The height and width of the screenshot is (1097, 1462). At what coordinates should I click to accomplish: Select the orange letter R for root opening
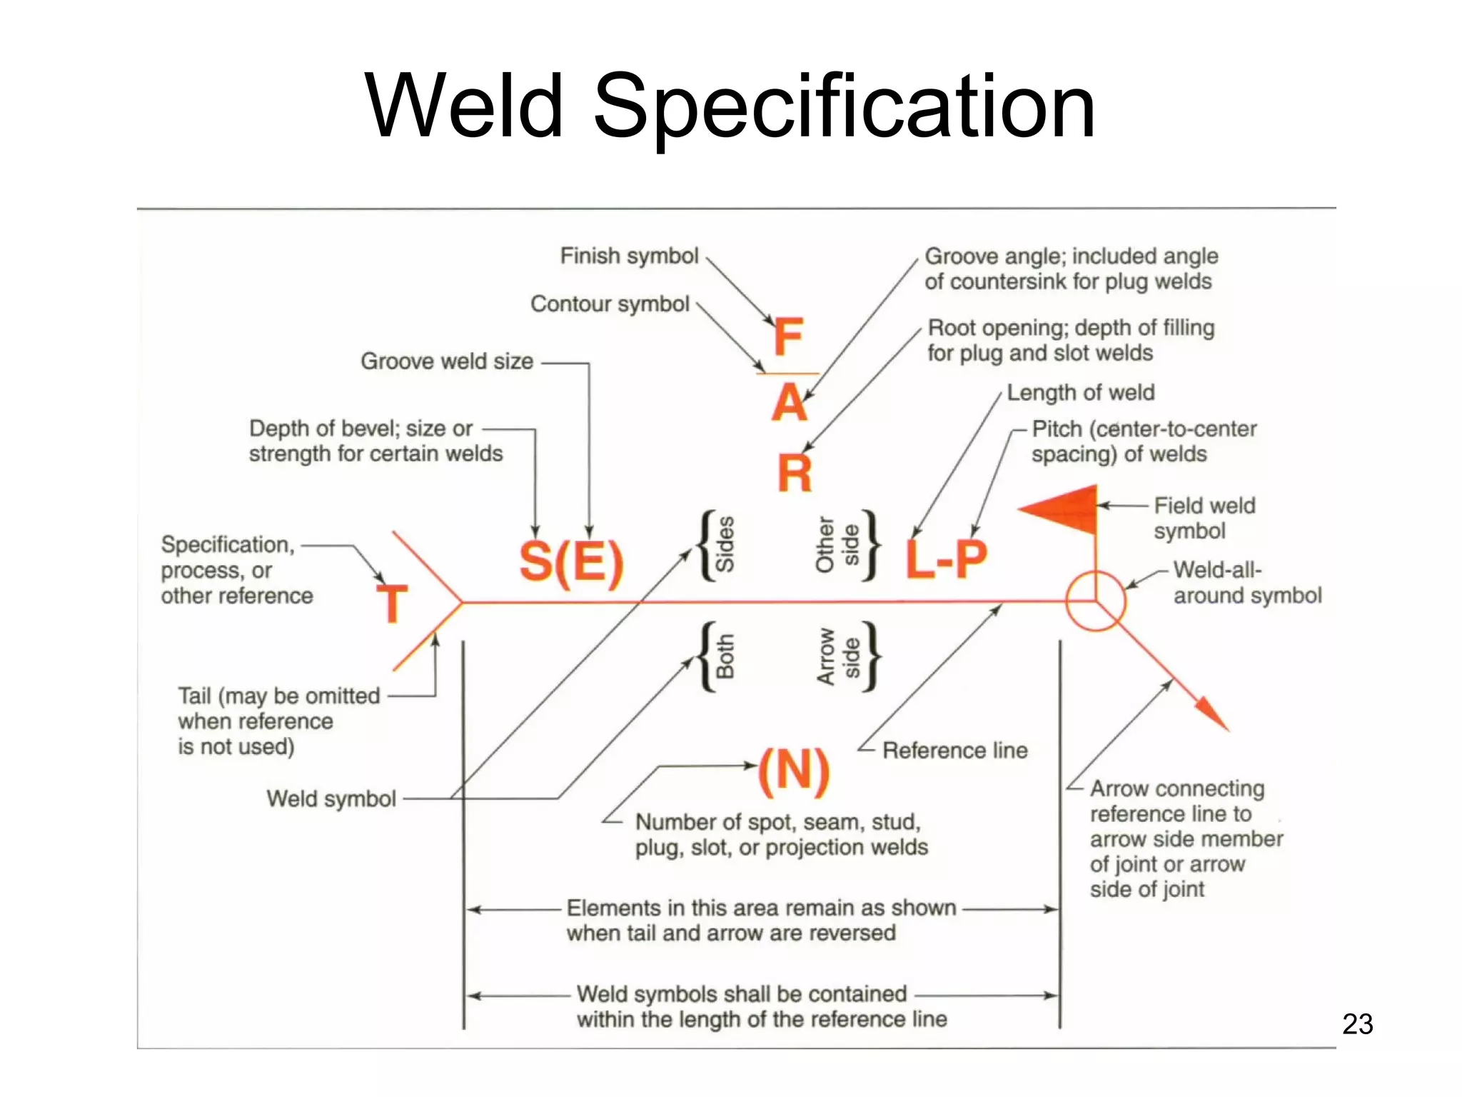tap(795, 473)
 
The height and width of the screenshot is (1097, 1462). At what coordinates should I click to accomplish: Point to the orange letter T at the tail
tap(392, 603)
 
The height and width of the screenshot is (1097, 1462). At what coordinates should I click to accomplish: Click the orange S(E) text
tap(571, 561)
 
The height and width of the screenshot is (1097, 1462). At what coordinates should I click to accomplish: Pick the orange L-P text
tap(947, 558)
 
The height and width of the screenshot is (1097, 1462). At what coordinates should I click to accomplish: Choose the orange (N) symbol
tap(794, 771)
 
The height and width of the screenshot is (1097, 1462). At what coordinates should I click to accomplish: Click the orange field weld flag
tap(1063, 509)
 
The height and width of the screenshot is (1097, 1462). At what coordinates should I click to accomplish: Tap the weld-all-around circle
tap(1096, 601)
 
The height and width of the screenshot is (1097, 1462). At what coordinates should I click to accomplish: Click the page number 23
tap(1357, 1024)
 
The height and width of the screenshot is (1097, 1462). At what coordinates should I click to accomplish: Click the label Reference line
tap(954, 751)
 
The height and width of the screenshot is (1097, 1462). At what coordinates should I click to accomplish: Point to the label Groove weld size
tap(447, 361)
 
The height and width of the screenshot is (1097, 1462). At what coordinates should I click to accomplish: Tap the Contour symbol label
tap(610, 304)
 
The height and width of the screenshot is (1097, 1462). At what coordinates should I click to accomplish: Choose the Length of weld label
tap(1080, 393)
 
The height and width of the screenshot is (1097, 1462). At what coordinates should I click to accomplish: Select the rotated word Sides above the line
tap(725, 544)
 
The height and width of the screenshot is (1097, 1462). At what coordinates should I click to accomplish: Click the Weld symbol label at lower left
tap(331, 798)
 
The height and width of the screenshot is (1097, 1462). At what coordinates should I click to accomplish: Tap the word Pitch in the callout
tap(1057, 429)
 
